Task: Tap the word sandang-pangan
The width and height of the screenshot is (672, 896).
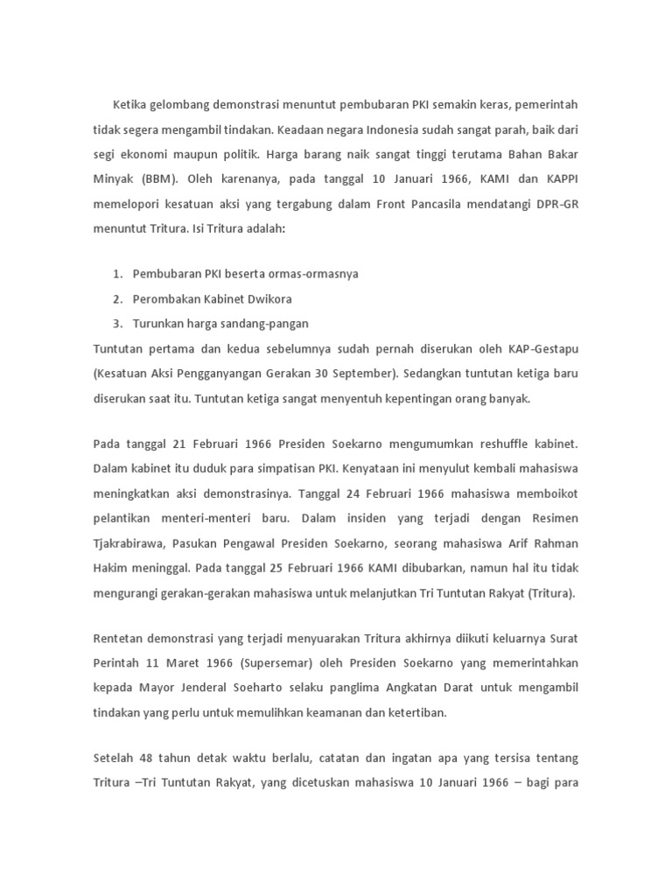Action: click(266, 324)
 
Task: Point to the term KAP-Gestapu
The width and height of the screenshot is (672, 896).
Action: click(543, 349)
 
